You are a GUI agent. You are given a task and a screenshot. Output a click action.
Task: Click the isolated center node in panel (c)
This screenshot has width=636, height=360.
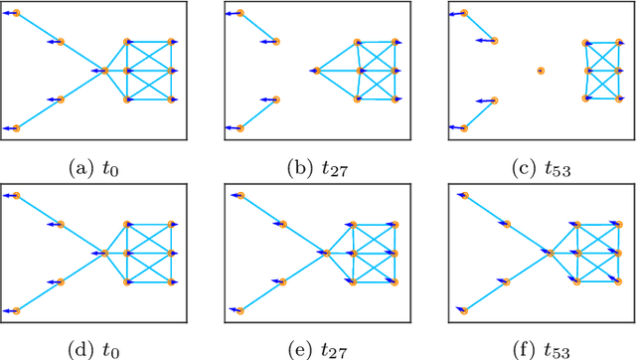tap(541, 71)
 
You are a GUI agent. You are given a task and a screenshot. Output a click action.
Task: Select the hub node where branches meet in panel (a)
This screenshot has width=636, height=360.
tap(104, 71)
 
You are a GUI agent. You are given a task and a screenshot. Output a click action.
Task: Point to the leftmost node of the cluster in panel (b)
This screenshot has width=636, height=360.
tap(317, 71)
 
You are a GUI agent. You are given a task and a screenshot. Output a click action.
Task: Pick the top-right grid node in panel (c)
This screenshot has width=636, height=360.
tap(618, 42)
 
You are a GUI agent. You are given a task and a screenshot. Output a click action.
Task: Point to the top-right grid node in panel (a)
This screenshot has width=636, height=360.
tap(173, 42)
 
